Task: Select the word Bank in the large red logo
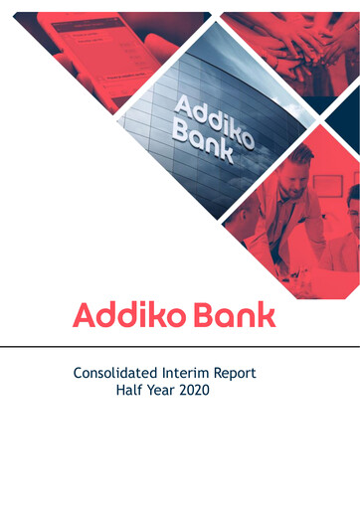point(235,315)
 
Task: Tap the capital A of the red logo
point(85,315)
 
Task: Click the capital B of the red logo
point(203,315)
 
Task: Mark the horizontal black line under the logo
point(180,347)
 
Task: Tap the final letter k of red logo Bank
point(267,315)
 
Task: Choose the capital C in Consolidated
point(80,374)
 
